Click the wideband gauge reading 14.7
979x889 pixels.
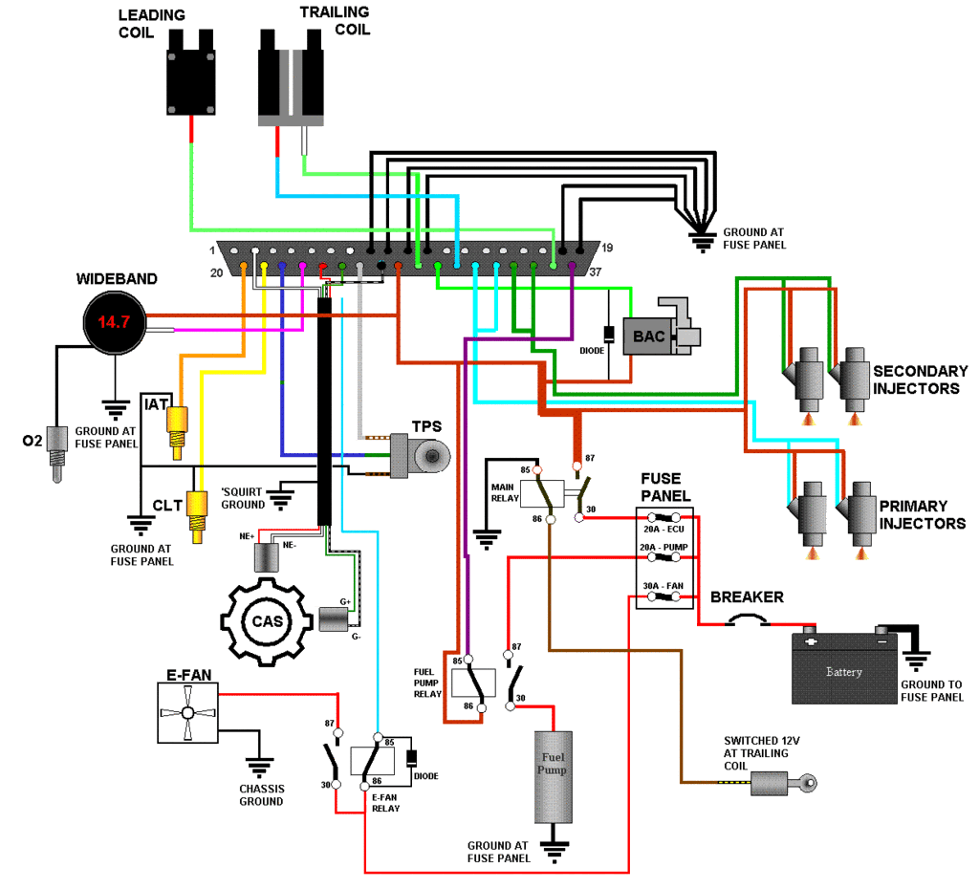pos(115,322)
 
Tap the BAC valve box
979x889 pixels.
pos(649,336)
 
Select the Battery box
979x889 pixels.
pos(844,668)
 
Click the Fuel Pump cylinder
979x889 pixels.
pos(554,777)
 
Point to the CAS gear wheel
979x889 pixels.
pos(267,621)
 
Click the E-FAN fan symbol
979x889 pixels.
pos(187,712)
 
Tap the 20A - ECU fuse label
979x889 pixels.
pos(664,529)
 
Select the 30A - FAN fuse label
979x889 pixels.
pos(664,586)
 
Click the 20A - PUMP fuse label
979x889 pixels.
pos(664,547)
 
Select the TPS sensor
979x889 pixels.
pos(420,456)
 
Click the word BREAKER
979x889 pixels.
pos(747,596)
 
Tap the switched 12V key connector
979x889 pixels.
pos(784,783)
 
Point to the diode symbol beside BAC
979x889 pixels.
pos(609,334)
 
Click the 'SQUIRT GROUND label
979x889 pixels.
pos(243,498)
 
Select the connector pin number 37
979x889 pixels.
pos(595,272)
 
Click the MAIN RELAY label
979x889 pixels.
pos(505,492)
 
